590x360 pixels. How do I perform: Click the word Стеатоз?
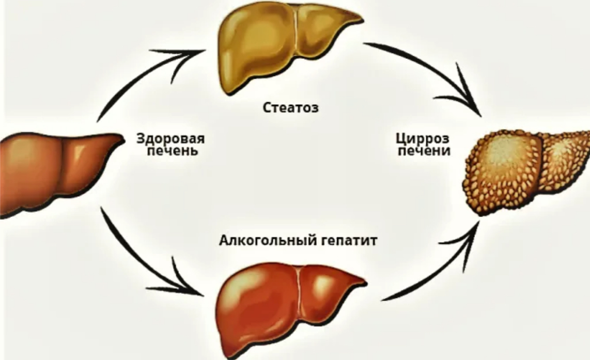pos(290,107)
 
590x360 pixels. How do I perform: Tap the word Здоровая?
pos(170,138)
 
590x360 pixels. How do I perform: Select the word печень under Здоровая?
pos(173,150)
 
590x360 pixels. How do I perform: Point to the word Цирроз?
pos(423,139)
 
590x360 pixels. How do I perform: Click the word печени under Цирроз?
pos(424,150)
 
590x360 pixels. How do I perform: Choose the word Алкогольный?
pos(268,240)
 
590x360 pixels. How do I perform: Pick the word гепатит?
pos(349,241)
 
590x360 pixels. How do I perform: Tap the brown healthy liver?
pos(60,173)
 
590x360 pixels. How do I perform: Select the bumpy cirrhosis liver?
pos(527,171)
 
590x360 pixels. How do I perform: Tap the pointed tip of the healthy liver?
pos(123,140)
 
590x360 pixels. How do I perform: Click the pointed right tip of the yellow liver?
pos(362,18)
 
